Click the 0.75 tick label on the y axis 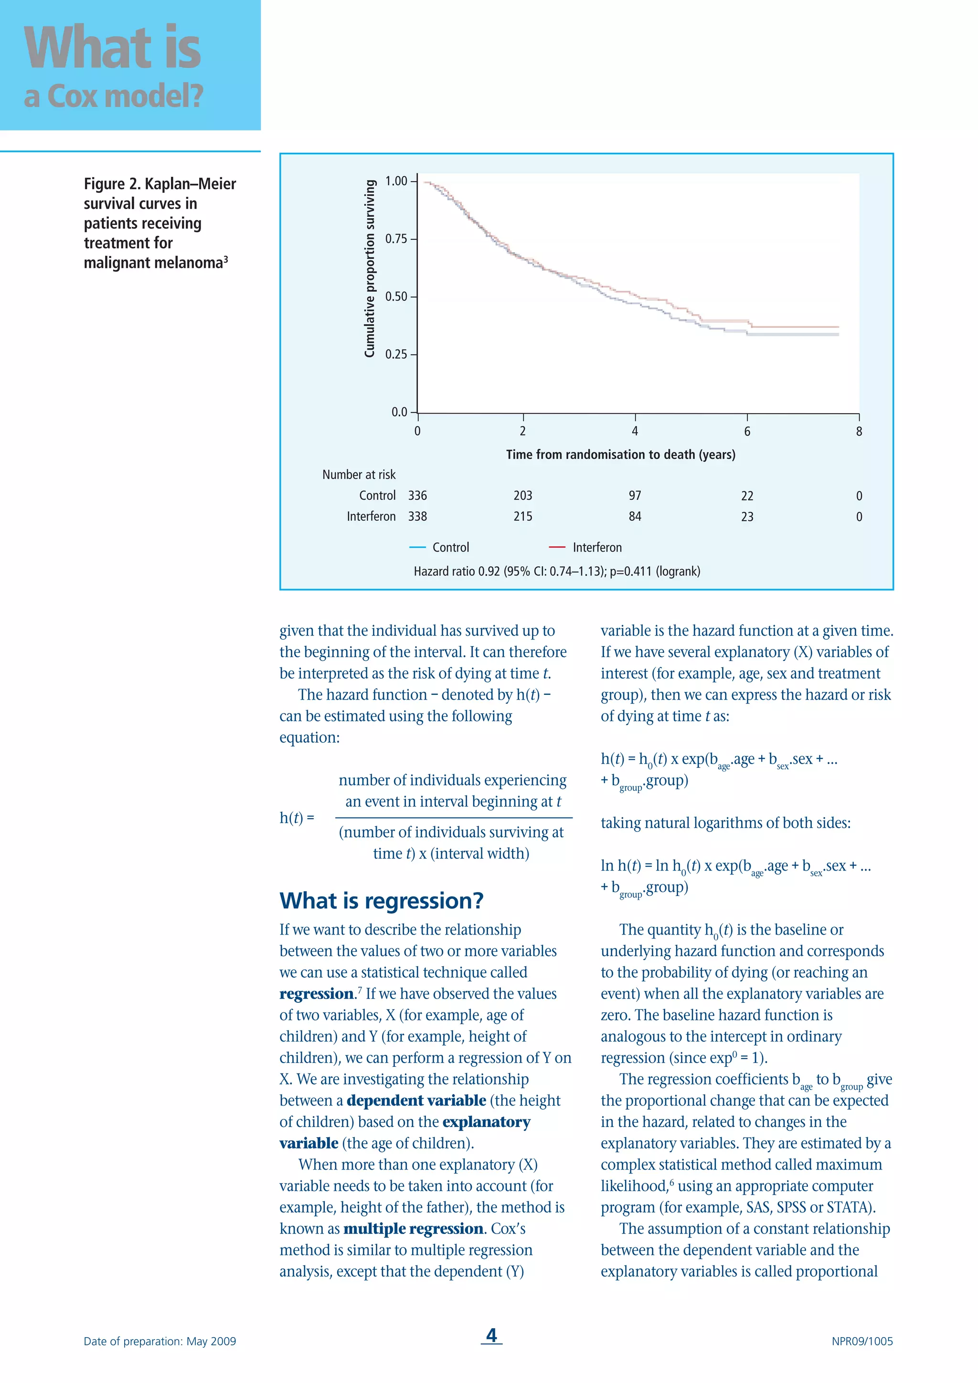click(x=396, y=239)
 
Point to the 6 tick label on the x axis click(x=747, y=431)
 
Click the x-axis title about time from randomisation click(x=620, y=455)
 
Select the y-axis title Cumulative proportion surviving click(x=370, y=269)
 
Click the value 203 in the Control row click(x=523, y=496)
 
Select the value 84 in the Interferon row click(x=635, y=517)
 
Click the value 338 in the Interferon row click(x=417, y=517)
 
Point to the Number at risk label click(x=359, y=475)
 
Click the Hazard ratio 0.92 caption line click(x=556, y=572)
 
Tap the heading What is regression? click(x=381, y=901)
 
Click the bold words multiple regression click(x=413, y=1229)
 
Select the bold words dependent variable click(x=416, y=1100)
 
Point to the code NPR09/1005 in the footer click(x=862, y=1341)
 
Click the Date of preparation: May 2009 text click(x=159, y=1341)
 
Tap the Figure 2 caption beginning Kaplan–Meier click(x=159, y=223)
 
